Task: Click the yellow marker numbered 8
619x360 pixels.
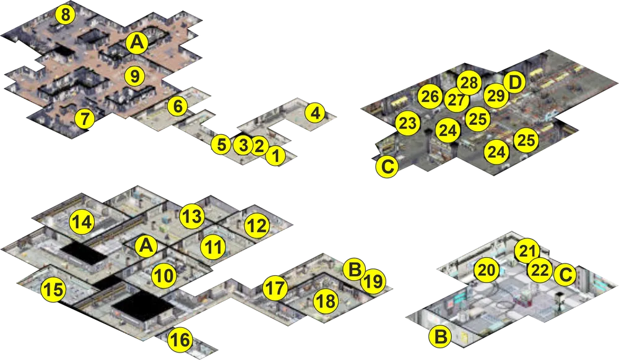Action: point(66,15)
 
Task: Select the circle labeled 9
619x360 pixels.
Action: point(135,75)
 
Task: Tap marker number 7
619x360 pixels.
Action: point(85,118)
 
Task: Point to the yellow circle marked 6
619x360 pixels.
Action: point(178,106)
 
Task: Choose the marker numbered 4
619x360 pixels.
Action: point(315,114)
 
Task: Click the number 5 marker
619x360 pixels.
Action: point(222,145)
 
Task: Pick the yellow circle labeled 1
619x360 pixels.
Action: point(276,155)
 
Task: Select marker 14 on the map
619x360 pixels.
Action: point(82,222)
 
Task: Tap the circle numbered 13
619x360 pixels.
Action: point(193,216)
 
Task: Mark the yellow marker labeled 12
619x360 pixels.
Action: point(257,226)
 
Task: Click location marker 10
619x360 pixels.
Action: point(165,276)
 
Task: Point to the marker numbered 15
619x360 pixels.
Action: point(54,290)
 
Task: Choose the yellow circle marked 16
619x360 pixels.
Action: point(180,340)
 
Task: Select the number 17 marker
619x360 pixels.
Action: point(275,288)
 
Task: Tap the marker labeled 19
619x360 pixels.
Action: point(373,281)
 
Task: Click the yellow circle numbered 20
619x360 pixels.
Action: point(487,270)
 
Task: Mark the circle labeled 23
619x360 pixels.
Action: point(408,123)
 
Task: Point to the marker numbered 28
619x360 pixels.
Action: point(469,84)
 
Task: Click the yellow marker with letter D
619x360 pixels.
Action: point(514,82)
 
